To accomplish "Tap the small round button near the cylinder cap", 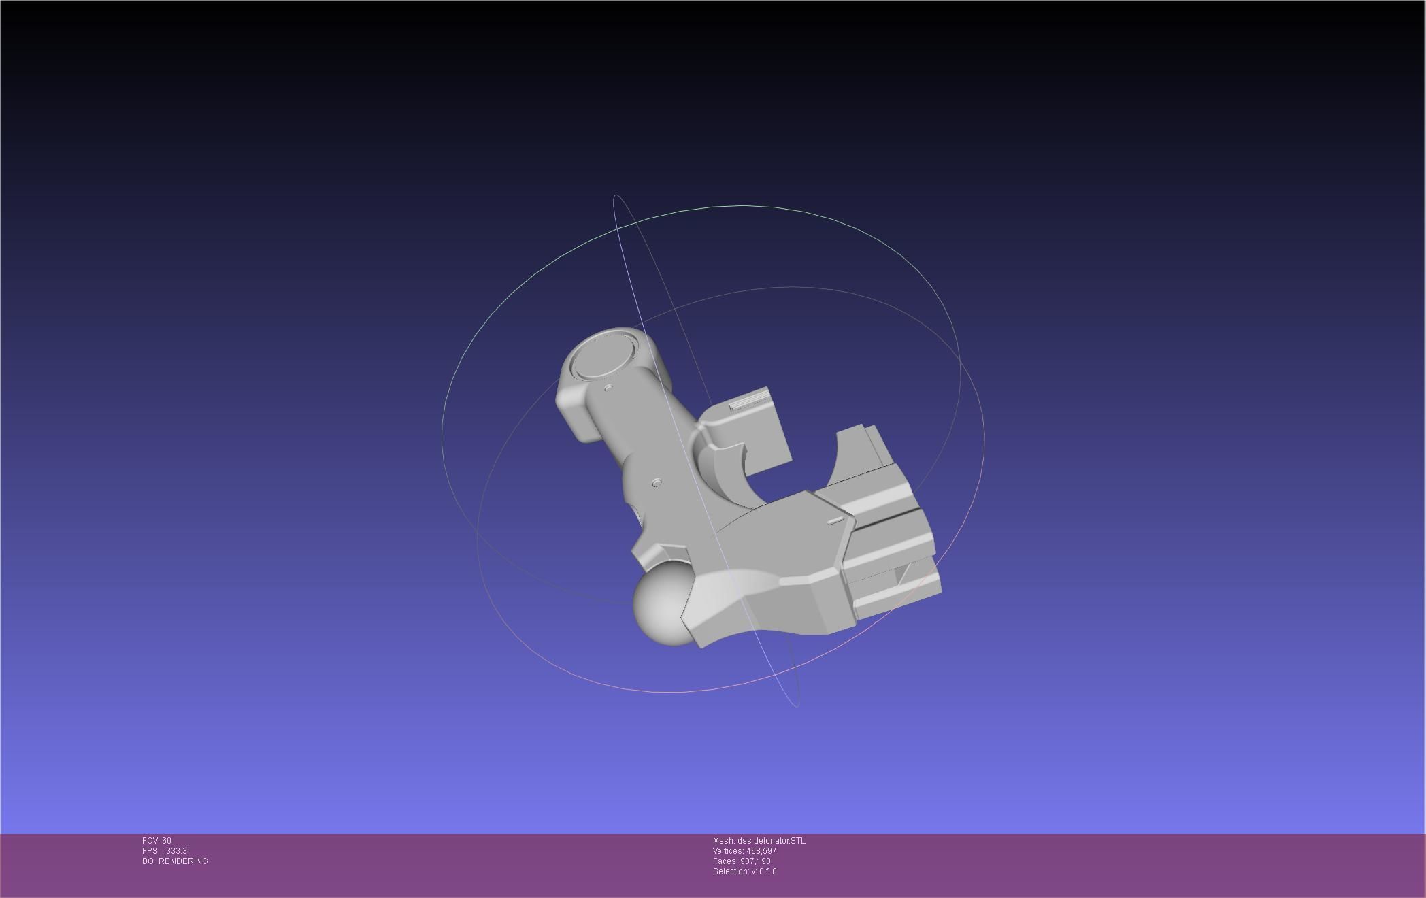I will (609, 388).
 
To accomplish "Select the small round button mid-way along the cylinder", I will (657, 482).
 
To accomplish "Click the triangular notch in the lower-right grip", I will (902, 576).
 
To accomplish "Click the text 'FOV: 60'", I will (156, 841).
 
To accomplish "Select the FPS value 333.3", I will (176, 851).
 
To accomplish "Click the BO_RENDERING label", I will (175, 861).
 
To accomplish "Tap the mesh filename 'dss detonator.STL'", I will (771, 841).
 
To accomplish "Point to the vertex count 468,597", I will (761, 851).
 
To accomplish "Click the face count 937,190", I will (755, 861).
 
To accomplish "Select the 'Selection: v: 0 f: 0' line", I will (744, 871).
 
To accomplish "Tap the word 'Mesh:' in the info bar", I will (724, 841).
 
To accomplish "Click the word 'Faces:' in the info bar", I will (725, 861).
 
